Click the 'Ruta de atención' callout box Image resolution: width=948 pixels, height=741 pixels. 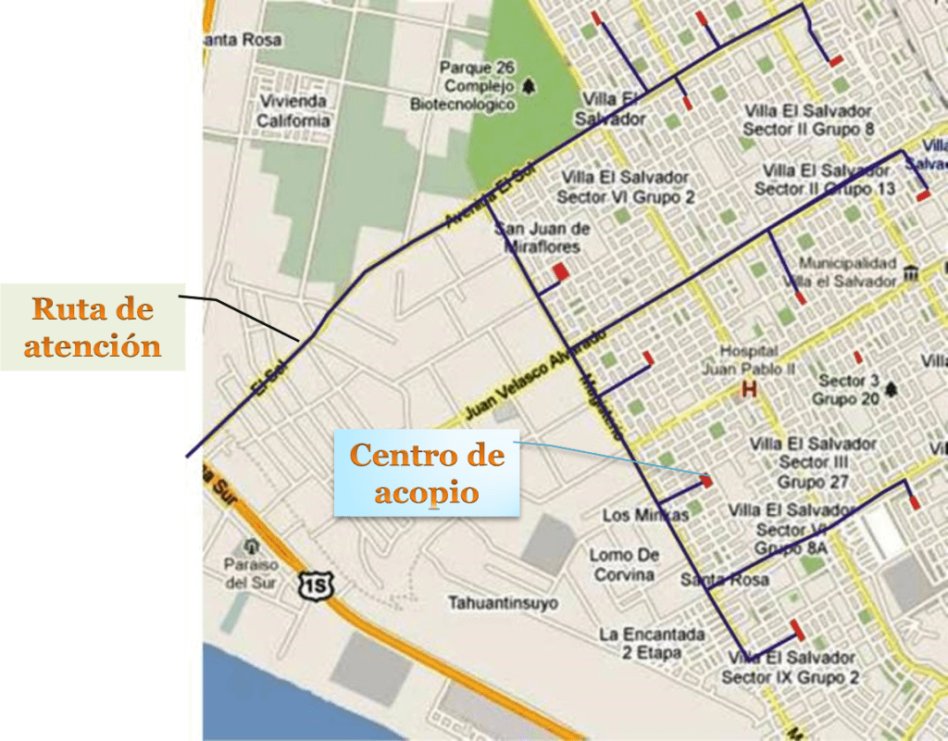[92, 327]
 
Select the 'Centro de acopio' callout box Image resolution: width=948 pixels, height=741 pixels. [427, 473]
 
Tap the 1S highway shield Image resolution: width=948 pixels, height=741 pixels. [315, 584]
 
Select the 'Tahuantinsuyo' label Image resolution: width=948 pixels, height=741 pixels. [503, 604]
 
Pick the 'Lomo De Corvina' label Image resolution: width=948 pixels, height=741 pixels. [625, 564]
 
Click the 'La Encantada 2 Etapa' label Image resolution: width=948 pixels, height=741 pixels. [652, 644]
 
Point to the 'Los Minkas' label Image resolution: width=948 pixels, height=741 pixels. [645, 515]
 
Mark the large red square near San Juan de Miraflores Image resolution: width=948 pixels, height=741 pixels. [560, 271]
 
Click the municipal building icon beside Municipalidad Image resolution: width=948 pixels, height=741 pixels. [911, 274]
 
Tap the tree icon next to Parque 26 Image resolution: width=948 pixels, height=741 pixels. [529, 86]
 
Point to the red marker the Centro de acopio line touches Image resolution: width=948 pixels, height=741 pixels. [706, 481]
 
